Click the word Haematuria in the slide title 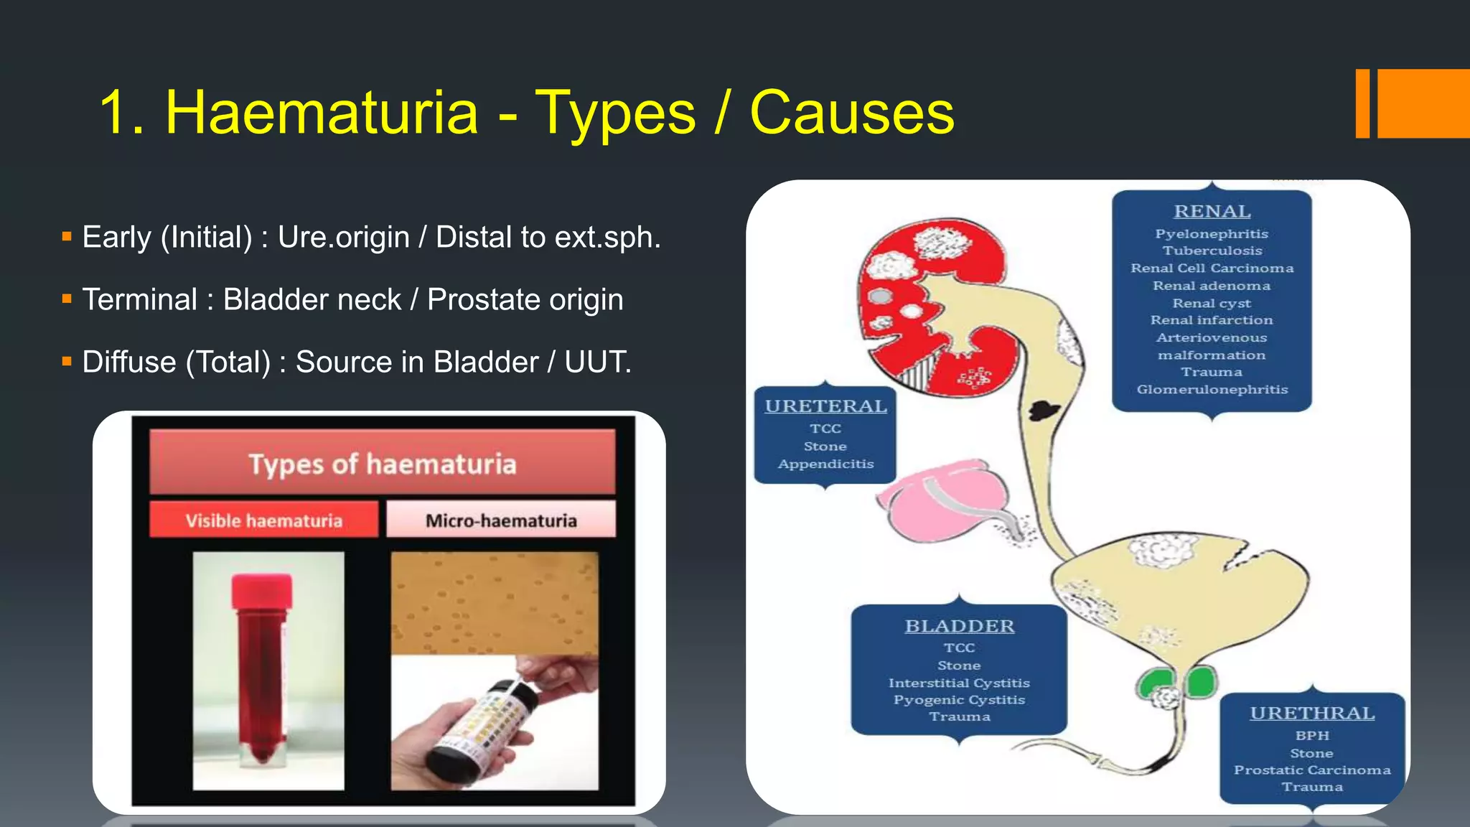[x=321, y=113]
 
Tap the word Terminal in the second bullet [x=139, y=300]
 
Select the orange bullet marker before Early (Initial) [x=67, y=235]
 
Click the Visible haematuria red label [x=263, y=520]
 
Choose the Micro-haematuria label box [x=501, y=520]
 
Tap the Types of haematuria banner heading [x=382, y=464]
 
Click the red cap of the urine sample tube [x=261, y=591]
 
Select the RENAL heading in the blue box [x=1212, y=212]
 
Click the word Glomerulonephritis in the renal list [x=1212, y=390]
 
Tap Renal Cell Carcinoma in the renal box [x=1212, y=268]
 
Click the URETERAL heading [x=825, y=406]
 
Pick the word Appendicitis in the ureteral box [x=825, y=464]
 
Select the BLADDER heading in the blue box [x=959, y=627]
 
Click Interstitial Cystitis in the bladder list [x=959, y=683]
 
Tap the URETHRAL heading [x=1312, y=714]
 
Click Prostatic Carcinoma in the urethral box [x=1312, y=770]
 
